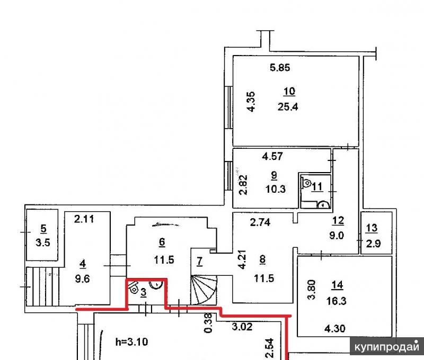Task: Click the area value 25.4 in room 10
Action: (x=288, y=107)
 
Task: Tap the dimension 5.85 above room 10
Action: (x=280, y=67)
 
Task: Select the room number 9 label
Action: (x=274, y=176)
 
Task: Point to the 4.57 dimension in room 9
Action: (x=272, y=156)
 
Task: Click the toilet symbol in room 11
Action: (x=306, y=183)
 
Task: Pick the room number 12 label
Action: (x=338, y=221)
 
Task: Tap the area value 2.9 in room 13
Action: (x=374, y=244)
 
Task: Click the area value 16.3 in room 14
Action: (x=337, y=301)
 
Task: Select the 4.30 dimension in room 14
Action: (x=335, y=328)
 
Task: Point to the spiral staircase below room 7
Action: (x=204, y=290)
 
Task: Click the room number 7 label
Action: (x=200, y=261)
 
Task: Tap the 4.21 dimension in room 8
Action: (x=242, y=259)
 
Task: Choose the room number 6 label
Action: (x=162, y=242)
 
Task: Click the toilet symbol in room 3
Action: (x=134, y=288)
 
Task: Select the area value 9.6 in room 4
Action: (x=82, y=278)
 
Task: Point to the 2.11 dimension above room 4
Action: (x=84, y=219)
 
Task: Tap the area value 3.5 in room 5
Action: (x=43, y=242)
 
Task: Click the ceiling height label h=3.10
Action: (x=131, y=342)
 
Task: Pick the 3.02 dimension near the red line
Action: (x=242, y=327)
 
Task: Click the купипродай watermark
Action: (x=387, y=346)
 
